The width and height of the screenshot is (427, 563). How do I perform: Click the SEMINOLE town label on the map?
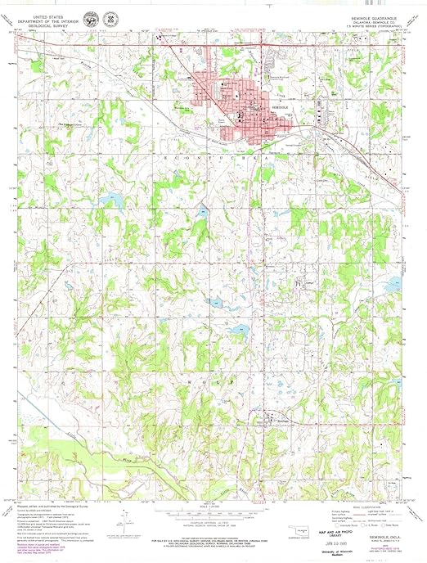281,107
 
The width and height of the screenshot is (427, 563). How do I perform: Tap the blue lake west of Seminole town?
109,198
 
